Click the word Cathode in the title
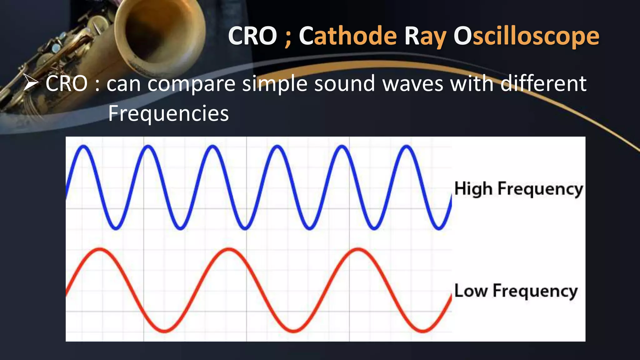[348, 36]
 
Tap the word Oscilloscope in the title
[526, 36]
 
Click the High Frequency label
[518, 189]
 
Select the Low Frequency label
[516, 291]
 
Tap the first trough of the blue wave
[116, 228]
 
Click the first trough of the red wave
[165, 331]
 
